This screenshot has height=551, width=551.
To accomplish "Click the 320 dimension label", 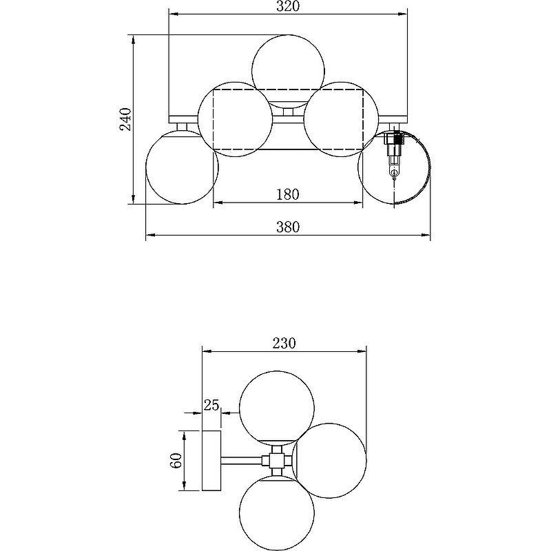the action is (288, 6).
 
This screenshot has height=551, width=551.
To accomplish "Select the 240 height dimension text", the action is (126, 119).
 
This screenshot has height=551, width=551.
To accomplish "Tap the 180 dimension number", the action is (288, 194).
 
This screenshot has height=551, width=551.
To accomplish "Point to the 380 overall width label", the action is (288, 227).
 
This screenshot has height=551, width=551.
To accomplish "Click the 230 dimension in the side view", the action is (284, 343).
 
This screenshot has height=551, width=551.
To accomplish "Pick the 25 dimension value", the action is (211, 405).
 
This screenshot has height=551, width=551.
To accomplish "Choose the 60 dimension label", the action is (176, 460).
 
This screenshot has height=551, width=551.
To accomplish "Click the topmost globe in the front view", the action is (288, 72).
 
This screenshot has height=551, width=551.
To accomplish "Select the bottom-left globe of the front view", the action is (182, 167).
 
